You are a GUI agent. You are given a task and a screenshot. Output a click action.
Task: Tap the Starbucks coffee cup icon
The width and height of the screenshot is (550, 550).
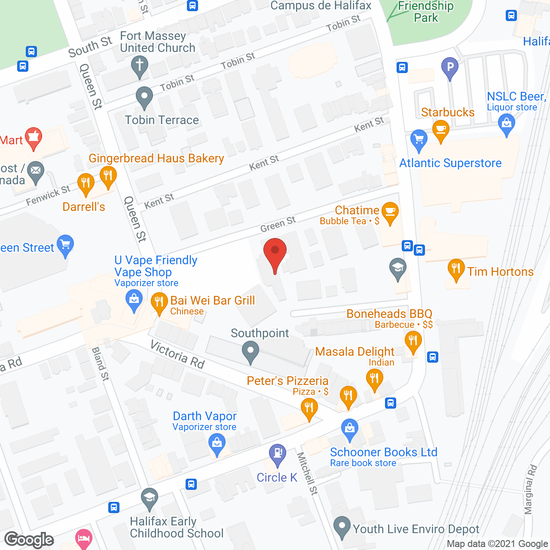coord(440,129)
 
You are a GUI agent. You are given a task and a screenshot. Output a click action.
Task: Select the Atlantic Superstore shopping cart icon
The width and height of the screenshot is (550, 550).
coord(419,139)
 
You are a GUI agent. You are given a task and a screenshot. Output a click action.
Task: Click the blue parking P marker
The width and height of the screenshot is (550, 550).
coord(450,67)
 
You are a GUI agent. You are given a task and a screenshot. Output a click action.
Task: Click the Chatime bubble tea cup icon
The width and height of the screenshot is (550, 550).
coord(390,211)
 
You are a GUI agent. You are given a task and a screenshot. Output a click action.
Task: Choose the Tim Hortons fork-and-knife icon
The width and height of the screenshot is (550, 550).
coord(456,269)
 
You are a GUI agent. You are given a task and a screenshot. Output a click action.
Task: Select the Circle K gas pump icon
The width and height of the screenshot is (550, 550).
coord(278,453)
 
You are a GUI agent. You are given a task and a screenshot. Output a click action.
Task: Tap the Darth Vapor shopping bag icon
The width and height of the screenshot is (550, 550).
coord(217,443)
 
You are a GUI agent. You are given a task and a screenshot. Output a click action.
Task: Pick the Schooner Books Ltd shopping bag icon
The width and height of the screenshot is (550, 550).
coord(350,428)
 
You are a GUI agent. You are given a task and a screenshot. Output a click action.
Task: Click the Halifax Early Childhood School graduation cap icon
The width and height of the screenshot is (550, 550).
coord(150,498)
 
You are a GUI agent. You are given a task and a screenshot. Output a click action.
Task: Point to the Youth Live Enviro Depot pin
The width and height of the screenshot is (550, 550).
coord(342,526)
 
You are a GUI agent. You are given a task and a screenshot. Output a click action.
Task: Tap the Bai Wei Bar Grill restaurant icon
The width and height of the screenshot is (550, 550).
coord(159,302)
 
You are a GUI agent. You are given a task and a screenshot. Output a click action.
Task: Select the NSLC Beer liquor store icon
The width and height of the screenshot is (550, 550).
coord(507,123)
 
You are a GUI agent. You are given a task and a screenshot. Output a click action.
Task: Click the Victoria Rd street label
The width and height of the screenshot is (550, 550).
coord(177,354)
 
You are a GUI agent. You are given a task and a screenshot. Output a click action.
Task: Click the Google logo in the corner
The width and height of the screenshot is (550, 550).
coord(29,540)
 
